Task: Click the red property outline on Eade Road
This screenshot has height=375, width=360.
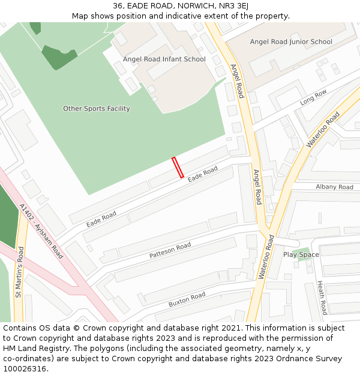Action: coord(178,167)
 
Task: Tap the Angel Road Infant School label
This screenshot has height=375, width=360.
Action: coord(164,59)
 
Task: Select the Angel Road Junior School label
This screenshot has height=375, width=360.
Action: coord(291,42)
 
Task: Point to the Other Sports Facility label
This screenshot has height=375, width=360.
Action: coord(97,109)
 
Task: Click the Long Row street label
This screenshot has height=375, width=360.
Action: coord(314,97)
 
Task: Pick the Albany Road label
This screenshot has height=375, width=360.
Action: coord(334,187)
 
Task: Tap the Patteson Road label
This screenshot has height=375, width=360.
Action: coord(170,250)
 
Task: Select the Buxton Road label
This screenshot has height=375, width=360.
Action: coord(187,299)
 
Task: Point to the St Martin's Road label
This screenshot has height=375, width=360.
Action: coord(19,272)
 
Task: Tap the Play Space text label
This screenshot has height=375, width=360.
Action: coord(301,254)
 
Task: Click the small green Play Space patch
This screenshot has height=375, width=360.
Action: coord(304,250)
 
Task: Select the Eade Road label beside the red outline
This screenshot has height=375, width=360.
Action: coord(203,175)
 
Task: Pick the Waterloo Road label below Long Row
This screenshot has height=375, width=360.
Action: coord(323,130)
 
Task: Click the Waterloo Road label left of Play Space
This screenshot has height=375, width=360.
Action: coord(266,256)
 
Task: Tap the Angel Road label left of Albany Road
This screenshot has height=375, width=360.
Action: coord(257,187)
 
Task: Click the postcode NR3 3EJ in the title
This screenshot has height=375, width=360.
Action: coord(232,6)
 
